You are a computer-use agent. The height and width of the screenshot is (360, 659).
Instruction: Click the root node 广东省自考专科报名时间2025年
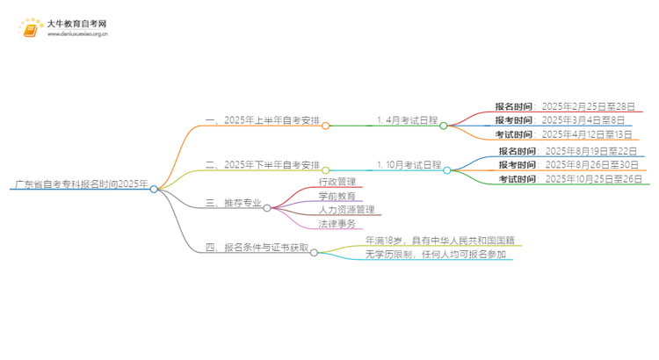(81, 184)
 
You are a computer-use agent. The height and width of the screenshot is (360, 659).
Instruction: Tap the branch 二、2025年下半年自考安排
(262, 164)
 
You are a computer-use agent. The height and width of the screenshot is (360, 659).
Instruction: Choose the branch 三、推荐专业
(233, 203)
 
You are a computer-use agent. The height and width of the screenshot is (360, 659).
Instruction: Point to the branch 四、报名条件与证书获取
(257, 248)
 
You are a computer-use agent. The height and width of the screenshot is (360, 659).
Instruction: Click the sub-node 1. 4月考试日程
(407, 120)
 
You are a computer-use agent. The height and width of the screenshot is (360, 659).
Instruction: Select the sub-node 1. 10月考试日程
(409, 164)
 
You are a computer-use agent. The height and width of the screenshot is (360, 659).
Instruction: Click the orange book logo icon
(29, 28)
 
